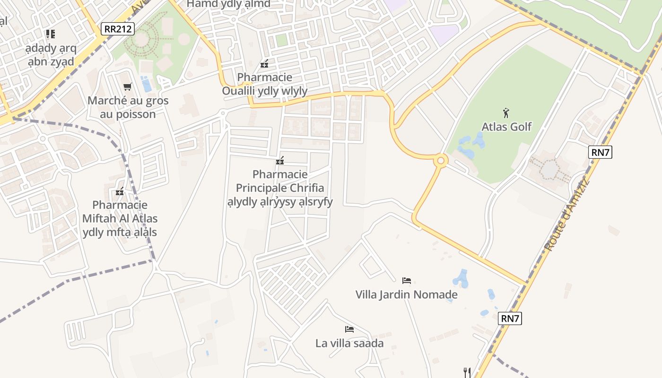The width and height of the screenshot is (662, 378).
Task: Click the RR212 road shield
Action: [118, 29]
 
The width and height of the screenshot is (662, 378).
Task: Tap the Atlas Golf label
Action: [506, 127]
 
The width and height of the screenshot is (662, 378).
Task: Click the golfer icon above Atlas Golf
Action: [506, 113]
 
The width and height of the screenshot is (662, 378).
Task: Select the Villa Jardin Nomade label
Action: [406, 295]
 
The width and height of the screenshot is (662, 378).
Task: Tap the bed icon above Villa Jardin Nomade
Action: [406, 281]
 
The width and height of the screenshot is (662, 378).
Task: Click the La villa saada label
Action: [349, 343]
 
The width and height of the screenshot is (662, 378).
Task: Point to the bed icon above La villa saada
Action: [349, 329]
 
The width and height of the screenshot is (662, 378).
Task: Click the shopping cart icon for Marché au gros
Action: [127, 86]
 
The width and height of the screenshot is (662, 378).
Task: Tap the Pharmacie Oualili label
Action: [265, 84]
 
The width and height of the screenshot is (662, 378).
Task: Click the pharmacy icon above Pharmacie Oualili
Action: [264, 63]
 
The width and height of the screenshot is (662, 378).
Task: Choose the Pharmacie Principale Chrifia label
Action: [280, 188]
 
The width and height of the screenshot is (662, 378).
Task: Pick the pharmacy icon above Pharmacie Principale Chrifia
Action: [280, 161]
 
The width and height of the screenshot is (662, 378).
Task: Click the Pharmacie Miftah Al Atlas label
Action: [120, 218]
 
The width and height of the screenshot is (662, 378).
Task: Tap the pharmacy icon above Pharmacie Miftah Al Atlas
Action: [120, 191]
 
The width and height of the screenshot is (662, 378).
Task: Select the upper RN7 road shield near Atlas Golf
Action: [600, 152]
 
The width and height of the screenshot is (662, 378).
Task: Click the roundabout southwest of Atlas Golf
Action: [441, 161]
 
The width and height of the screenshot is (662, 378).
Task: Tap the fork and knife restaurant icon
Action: [467, 372]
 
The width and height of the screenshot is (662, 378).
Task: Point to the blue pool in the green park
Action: [147, 84]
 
